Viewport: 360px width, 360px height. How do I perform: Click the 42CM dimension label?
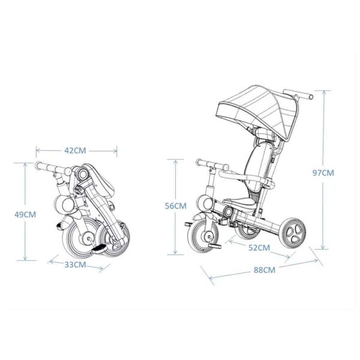coord(75,151)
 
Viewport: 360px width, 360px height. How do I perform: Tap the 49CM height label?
coord(25,215)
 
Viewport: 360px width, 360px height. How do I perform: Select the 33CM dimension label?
coord(75,265)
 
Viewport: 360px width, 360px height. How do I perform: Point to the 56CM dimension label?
coord(176,206)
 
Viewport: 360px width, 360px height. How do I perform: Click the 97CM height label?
coord(323,173)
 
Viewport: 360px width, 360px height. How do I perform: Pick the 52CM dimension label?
coord(259,248)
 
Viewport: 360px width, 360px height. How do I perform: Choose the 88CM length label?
coord(265,270)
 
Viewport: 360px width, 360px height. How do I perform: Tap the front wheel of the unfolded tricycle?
coord(203,236)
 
